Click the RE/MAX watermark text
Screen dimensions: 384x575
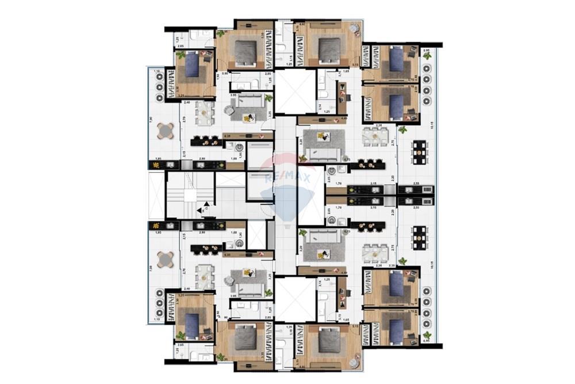click(287, 178)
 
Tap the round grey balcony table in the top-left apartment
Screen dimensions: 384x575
click(165, 131)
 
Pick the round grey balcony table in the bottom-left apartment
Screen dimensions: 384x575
click(165, 260)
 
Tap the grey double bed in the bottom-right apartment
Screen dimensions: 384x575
click(328, 340)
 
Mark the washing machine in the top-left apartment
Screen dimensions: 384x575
click(239, 147)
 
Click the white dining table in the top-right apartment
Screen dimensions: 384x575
click(375, 137)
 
